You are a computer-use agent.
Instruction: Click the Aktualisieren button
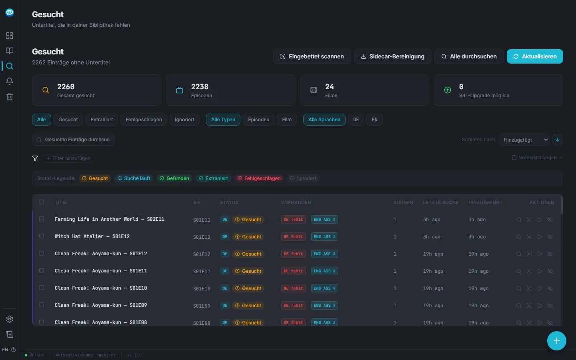[x=534, y=56]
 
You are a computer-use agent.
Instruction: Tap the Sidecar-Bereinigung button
[x=392, y=56]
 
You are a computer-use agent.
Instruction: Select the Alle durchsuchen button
[x=469, y=56]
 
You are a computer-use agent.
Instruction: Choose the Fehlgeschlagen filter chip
[x=144, y=120]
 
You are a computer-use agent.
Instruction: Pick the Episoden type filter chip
[x=258, y=120]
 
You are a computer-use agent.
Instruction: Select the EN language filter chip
[x=374, y=120]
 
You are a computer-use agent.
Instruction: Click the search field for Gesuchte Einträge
[x=74, y=140]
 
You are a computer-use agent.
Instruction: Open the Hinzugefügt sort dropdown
[x=524, y=140]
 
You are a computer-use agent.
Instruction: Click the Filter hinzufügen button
[x=68, y=158]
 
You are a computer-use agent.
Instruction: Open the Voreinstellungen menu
[x=537, y=158]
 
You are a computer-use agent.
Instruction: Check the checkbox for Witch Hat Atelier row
[x=42, y=236]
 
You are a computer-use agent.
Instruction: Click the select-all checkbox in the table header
[x=41, y=202]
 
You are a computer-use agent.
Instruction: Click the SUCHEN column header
[x=403, y=202]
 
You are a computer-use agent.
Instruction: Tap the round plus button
[x=556, y=341]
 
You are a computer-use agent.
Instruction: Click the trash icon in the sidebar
[x=10, y=96]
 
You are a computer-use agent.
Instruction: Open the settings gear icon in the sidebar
[x=10, y=319]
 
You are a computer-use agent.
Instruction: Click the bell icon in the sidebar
[x=10, y=81]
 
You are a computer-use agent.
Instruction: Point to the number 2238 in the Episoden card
[x=200, y=87]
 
